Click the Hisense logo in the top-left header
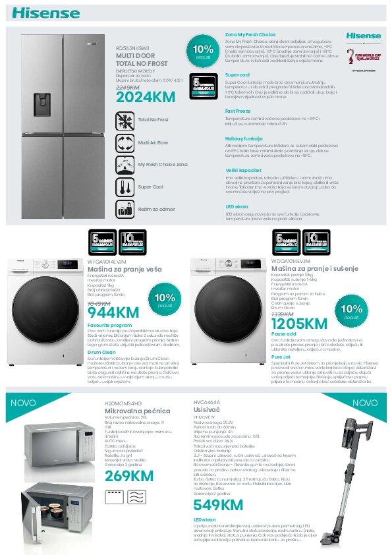[36, 12]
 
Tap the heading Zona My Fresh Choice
[250, 34]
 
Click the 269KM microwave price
[128, 476]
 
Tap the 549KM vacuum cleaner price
[218, 505]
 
